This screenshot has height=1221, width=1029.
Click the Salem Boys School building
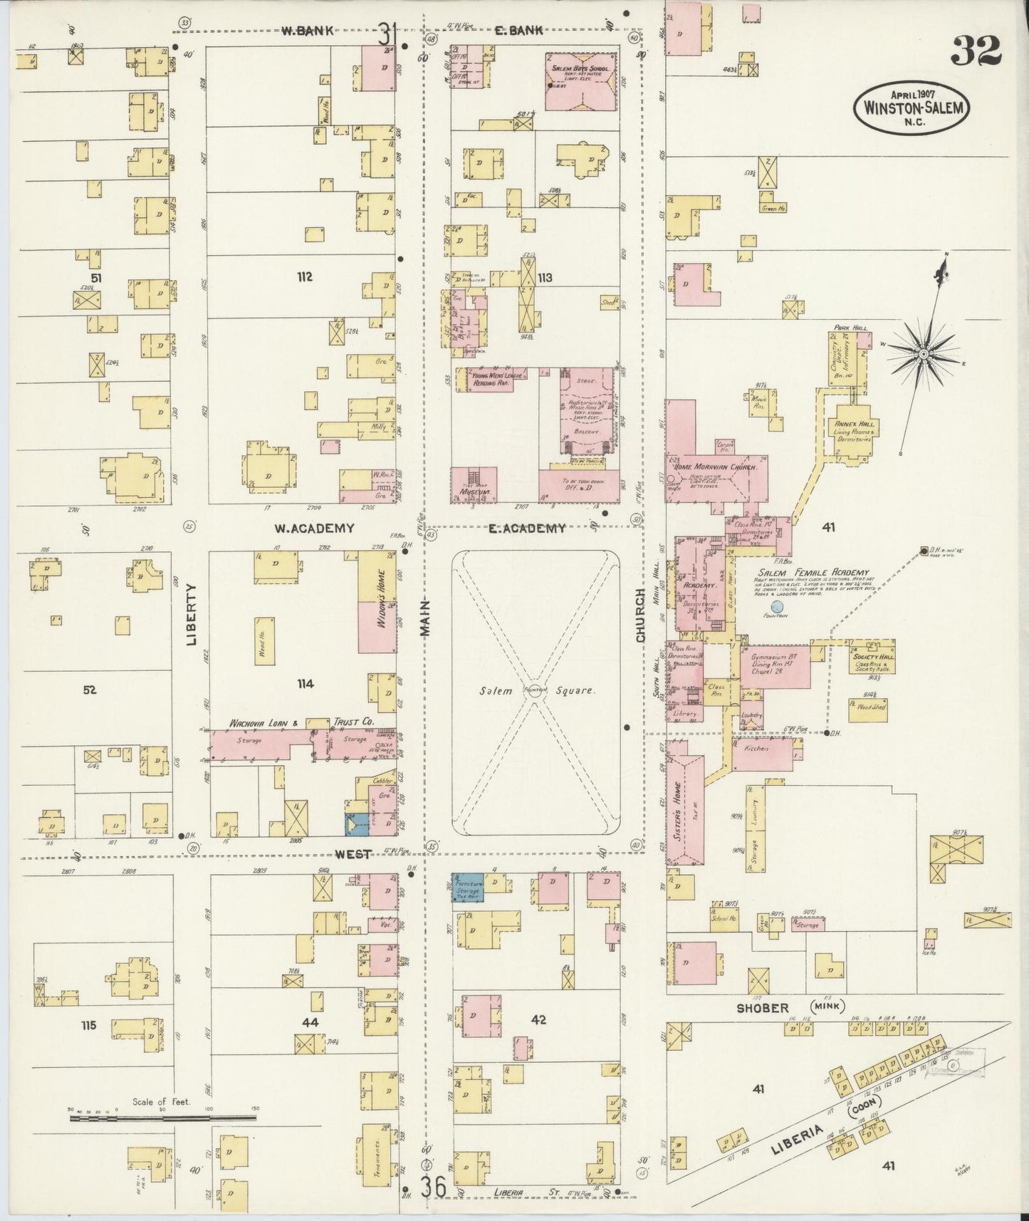tap(581, 80)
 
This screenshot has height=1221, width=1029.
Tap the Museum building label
tap(472, 492)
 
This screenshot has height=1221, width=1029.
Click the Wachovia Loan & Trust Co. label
tap(301, 722)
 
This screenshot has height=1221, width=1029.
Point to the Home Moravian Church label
tap(713, 466)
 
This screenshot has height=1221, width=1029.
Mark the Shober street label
tap(762, 1008)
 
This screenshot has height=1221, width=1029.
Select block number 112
tap(305, 276)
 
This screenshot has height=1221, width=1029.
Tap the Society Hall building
tap(874, 661)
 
